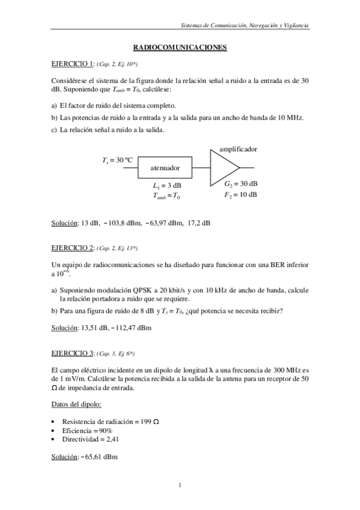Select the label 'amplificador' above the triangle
pyautogui.click(x=238, y=148)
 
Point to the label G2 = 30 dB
pyautogui.click(x=240, y=183)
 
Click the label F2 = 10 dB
pyautogui.click(x=240, y=194)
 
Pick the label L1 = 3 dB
pyautogui.click(x=167, y=185)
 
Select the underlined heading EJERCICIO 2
pyautogui.click(x=73, y=248)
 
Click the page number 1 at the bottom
pyautogui.click(x=180, y=485)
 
